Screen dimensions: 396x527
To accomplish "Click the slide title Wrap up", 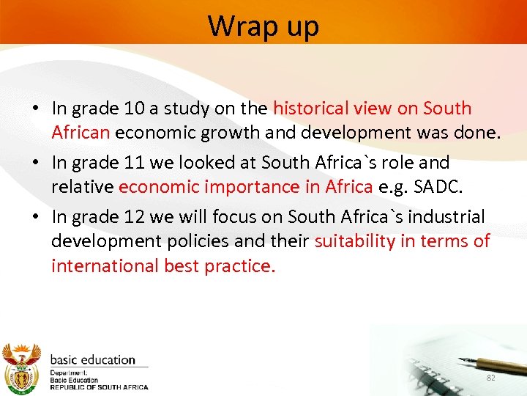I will pos(263,26).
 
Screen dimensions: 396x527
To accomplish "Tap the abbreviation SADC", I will pos(438,187).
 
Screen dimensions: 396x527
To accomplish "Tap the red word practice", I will pos(239,265).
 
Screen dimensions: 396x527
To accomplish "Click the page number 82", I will pos(491,377).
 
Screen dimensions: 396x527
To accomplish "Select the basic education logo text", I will pos(93,360).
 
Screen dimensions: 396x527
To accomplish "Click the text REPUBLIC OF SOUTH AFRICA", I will pos(99,386).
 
